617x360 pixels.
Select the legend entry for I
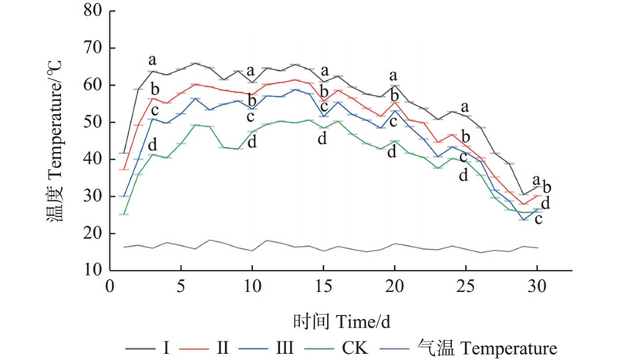click(151, 346)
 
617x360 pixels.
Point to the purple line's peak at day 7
click(210, 240)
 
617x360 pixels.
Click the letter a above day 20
click(394, 76)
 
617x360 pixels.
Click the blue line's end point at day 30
click(538, 208)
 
